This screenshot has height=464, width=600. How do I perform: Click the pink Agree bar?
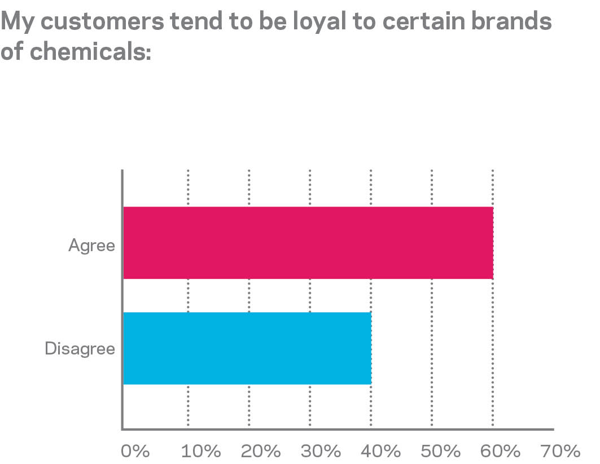click(x=308, y=243)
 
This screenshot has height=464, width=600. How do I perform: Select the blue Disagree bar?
click(x=247, y=348)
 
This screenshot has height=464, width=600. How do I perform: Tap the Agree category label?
click(x=91, y=246)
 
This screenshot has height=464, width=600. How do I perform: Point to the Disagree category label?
click(x=80, y=349)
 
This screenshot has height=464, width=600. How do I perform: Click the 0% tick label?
click(x=135, y=451)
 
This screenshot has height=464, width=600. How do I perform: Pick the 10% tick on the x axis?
click(x=202, y=451)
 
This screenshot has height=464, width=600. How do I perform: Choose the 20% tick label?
click(x=261, y=451)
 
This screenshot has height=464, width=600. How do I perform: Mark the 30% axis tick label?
click(x=322, y=451)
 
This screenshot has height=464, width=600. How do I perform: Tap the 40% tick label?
click(x=382, y=451)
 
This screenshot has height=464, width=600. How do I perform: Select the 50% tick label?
click(x=443, y=451)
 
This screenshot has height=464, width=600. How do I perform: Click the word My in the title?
click(x=19, y=23)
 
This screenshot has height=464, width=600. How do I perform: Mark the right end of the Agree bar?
click(x=492, y=243)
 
